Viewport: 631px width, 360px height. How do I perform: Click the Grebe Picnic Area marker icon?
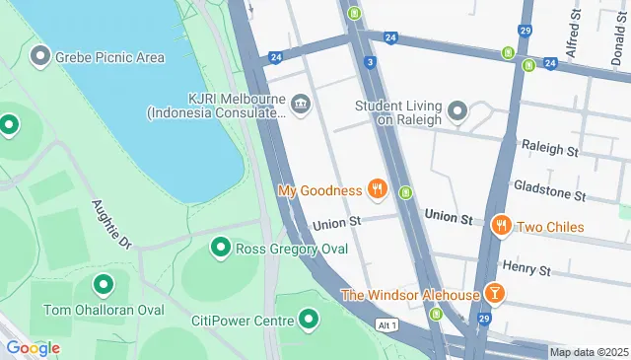40,56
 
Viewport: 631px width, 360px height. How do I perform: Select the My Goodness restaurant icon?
376,188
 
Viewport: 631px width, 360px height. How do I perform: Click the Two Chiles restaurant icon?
502,227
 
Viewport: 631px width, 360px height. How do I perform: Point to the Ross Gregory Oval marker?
220,249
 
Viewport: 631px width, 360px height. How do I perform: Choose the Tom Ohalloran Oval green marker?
103,286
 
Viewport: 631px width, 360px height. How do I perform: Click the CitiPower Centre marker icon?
310,320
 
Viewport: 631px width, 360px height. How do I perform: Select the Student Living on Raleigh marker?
456,111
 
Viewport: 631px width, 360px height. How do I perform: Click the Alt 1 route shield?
386,324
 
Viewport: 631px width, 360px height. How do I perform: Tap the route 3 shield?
369,62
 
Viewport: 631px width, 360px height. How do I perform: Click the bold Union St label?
449,216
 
